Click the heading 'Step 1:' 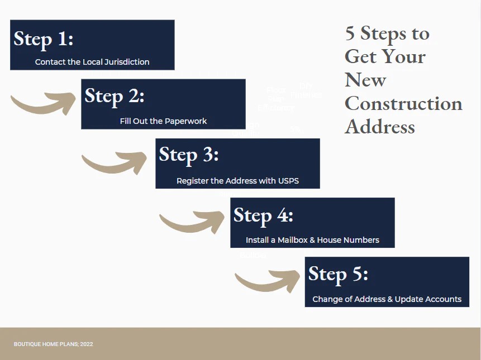[x=44, y=39]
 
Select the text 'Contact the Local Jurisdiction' [x=92, y=62]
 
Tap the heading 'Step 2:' [x=115, y=96]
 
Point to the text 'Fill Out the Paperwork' [x=163, y=121]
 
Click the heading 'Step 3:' [x=189, y=155]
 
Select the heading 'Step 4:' [x=263, y=215]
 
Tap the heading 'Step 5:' [x=338, y=274]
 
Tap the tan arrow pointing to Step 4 [x=192, y=221]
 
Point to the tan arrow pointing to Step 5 [x=267, y=280]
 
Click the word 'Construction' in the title [x=403, y=104]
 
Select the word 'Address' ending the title [x=379, y=127]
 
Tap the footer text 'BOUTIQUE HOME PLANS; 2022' [x=54, y=344]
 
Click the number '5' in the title [x=350, y=33]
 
